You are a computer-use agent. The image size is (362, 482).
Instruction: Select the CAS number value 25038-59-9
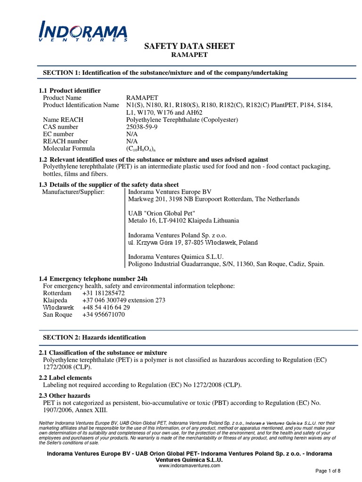pos(144,127)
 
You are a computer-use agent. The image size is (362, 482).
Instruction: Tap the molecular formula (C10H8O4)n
pos(143,148)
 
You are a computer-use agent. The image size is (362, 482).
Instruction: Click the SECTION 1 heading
pos(165,73)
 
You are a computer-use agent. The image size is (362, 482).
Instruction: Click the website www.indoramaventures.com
pos(189,465)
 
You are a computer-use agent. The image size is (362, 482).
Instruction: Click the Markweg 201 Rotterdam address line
pos(214,199)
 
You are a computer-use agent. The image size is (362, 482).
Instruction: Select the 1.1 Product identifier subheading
pos(69,90)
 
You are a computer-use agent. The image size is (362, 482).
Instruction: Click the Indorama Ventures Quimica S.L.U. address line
pos(226,264)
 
